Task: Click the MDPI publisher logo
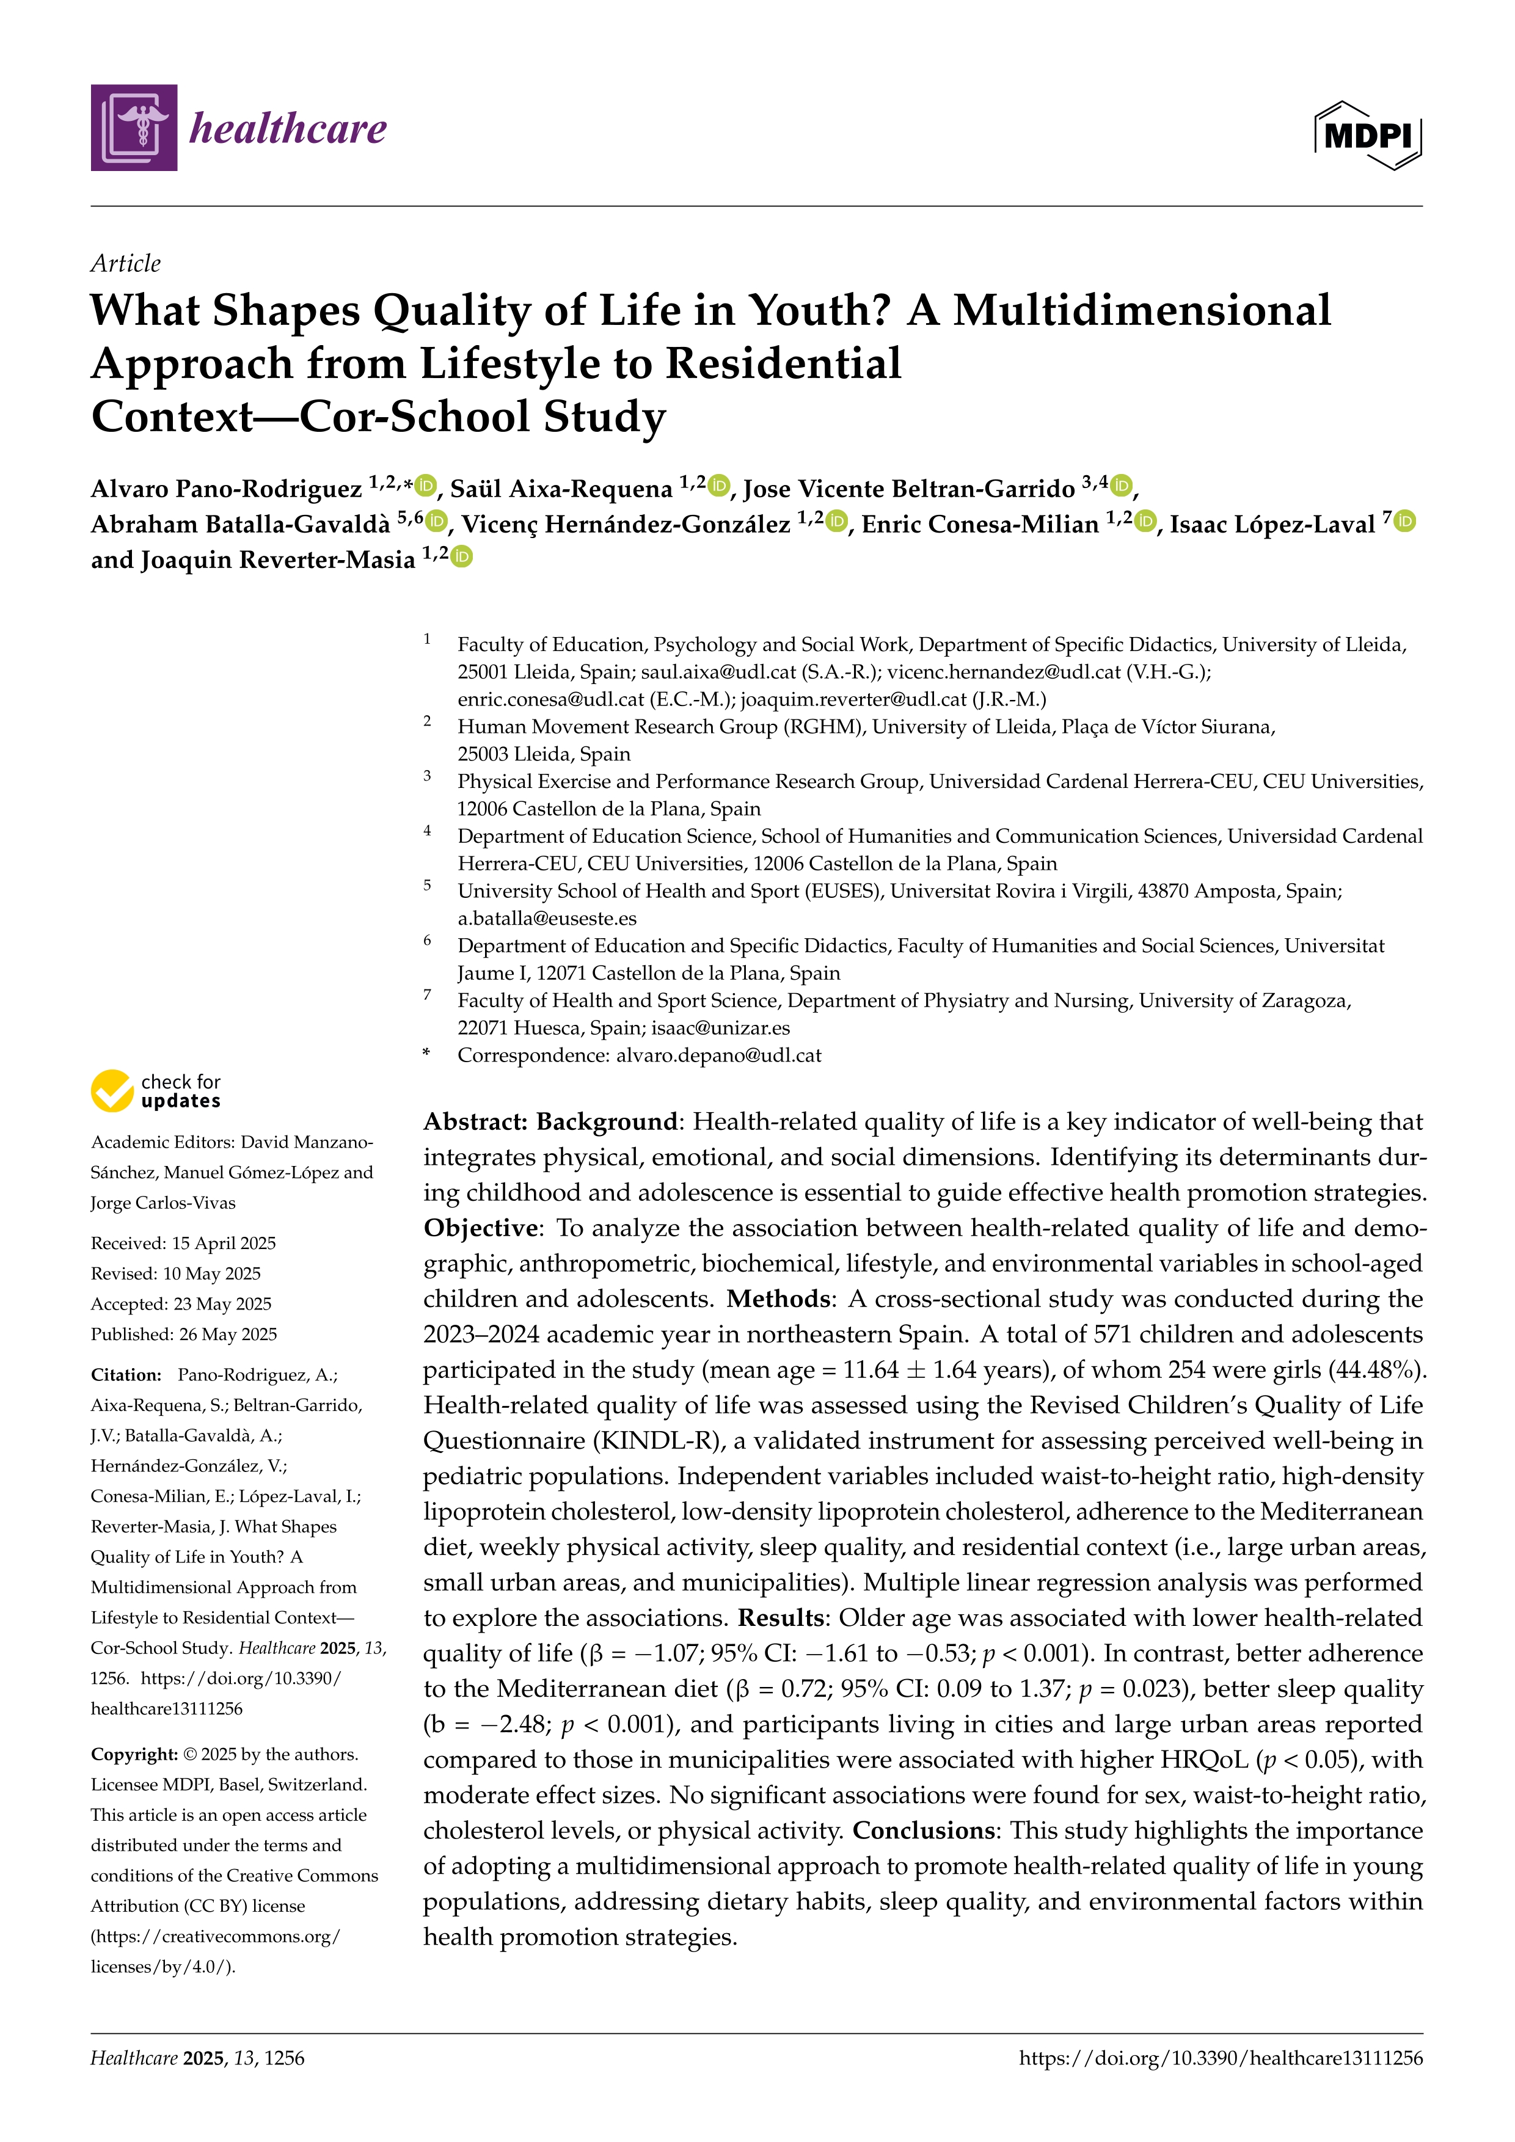tap(1368, 135)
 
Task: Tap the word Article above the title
tap(125, 263)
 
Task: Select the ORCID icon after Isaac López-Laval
tap(1405, 522)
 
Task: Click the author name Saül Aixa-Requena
tap(561, 489)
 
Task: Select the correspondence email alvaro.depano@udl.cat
tap(718, 1055)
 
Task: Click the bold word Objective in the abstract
tap(480, 1228)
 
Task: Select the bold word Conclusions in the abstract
tap(922, 1831)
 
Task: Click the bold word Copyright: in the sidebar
tap(133, 1754)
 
